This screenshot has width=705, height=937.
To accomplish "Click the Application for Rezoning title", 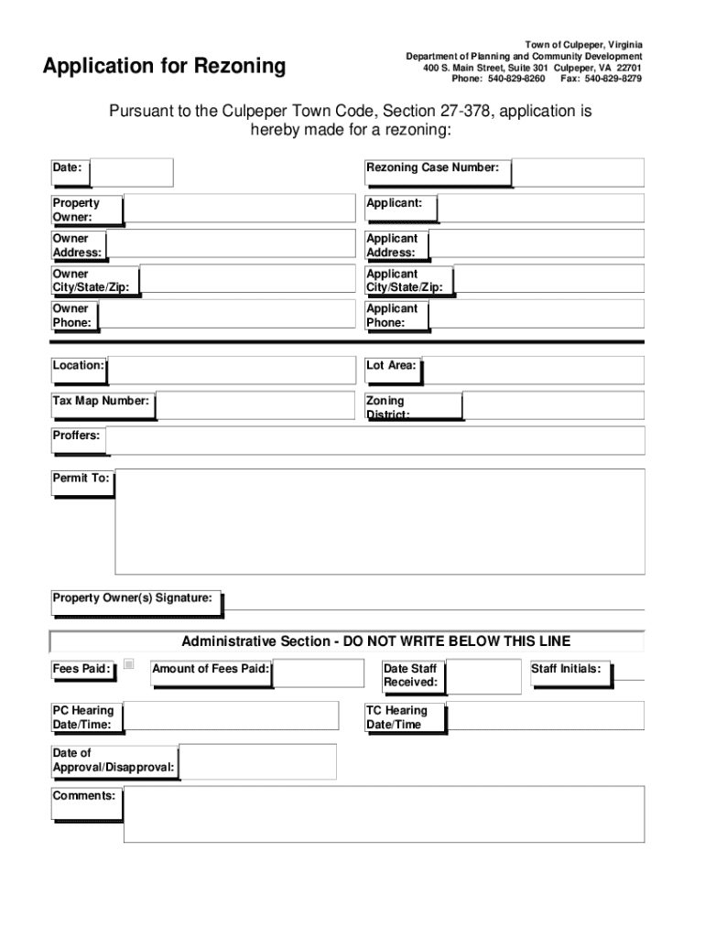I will [x=164, y=66].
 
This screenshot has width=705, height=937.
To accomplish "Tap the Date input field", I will [x=132, y=172].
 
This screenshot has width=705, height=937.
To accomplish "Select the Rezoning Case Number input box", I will [x=578, y=172].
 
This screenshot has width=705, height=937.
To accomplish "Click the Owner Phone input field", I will [x=226, y=314].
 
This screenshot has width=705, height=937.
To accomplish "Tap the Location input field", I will [x=231, y=370].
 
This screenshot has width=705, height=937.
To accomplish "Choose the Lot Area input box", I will [x=534, y=370].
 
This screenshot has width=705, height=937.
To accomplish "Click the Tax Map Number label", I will [x=101, y=401].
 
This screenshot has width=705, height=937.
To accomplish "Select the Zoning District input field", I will [x=554, y=404].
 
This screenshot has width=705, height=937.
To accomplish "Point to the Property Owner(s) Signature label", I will [x=133, y=598].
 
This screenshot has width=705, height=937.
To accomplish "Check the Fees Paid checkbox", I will [x=129, y=664].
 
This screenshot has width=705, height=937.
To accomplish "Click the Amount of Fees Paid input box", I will [x=318, y=673].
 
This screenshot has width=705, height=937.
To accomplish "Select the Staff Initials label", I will [x=566, y=669].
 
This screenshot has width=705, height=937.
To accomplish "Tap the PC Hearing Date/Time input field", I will [x=231, y=716].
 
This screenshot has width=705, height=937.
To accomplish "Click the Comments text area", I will [x=384, y=813].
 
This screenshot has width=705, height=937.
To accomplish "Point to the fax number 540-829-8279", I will [x=613, y=79].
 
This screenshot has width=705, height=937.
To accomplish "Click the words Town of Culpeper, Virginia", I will [x=583, y=45].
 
